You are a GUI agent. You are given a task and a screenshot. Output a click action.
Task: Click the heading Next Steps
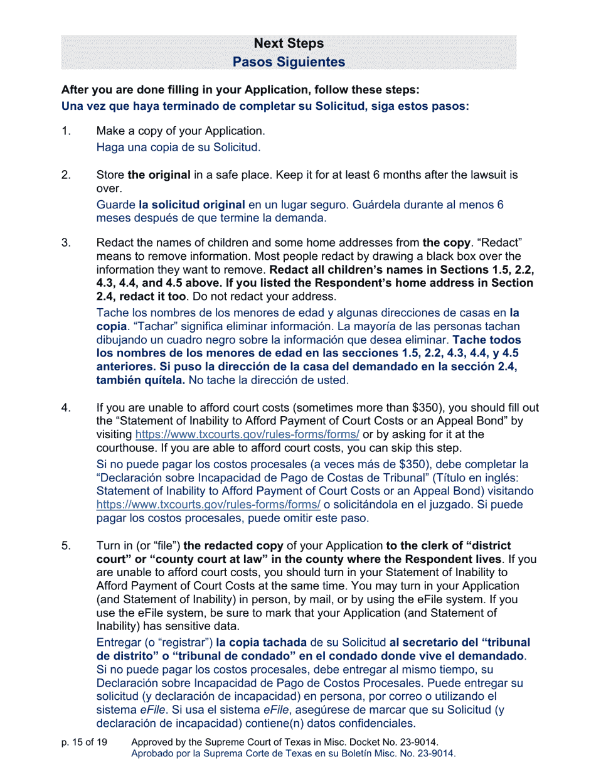pos(289,43)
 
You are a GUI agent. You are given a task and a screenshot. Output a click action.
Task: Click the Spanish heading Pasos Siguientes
pos(289,62)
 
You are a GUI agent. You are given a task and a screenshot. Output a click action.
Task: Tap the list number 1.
pos(65,131)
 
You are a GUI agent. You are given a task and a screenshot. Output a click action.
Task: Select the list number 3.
pos(65,242)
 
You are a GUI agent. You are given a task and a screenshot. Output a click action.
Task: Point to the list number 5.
pos(65,545)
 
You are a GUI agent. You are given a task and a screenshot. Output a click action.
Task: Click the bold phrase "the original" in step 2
pos(159,175)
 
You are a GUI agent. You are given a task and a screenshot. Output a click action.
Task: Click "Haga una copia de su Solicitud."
pos(178,147)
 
